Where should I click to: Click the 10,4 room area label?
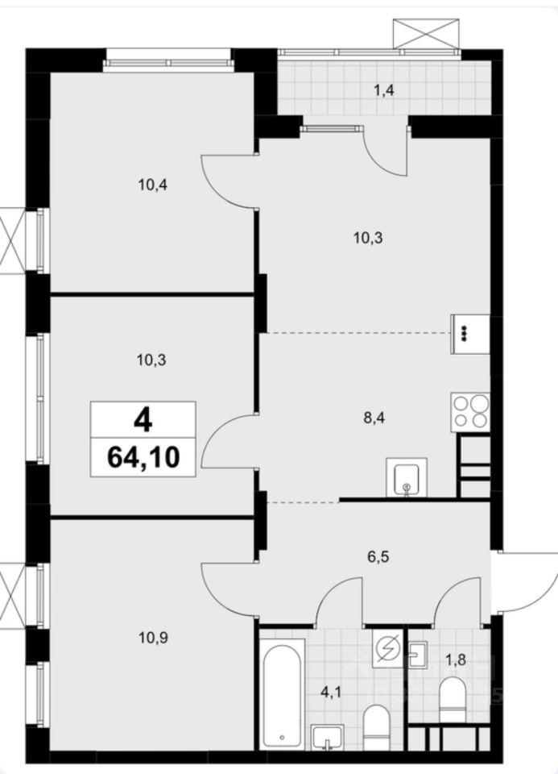coord(153,185)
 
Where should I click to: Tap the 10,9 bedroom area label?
coord(153,639)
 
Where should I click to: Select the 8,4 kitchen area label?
coord(373,418)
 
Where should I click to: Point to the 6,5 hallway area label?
coord(378,557)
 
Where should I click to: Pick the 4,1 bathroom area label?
coord(331,692)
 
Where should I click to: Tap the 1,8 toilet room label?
coord(455,660)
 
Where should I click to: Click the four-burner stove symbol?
coord(470,412)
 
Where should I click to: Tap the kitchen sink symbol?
coord(407,476)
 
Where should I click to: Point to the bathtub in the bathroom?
coord(282,693)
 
